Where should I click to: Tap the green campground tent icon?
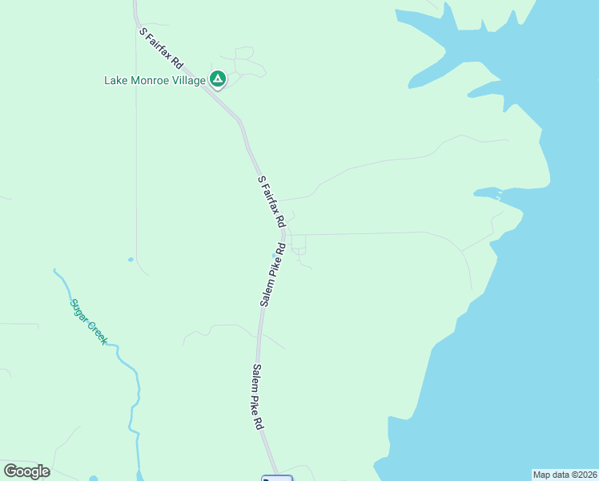(217, 79)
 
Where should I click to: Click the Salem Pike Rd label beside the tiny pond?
(272, 274)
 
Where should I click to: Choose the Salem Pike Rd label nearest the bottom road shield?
(258, 398)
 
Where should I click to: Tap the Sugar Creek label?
(88, 321)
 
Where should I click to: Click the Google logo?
(26, 471)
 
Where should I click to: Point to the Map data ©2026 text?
(565, 475)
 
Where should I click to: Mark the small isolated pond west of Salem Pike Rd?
(131, 259)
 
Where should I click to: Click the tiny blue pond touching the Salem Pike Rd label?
(274, 257)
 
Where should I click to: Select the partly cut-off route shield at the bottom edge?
(277, 478)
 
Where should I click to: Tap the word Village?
(189, 80)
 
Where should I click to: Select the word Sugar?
(78, 309)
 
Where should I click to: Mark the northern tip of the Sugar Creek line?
(54, 270)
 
